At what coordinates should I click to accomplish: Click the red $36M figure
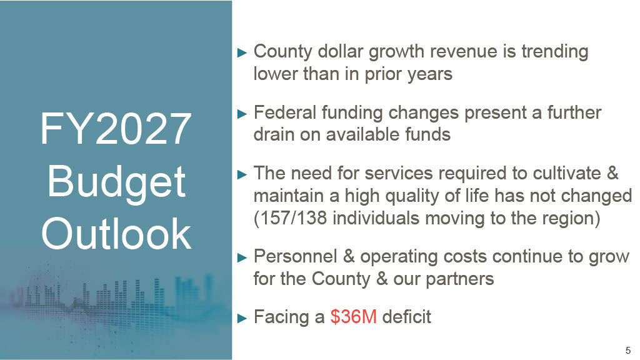click(x=354, y=317)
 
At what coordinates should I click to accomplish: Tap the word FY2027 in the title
click(x=116, y=129)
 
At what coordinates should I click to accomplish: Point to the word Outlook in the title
click(x=116, y=234)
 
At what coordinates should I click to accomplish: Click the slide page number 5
click(x=628, y=350)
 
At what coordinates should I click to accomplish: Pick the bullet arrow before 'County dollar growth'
click(x=242, y=52)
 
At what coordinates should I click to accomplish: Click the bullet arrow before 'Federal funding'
click(x=242, y=114)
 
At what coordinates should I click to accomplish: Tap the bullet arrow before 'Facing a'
click(x=242, y=318)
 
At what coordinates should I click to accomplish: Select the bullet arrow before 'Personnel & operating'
click(x=242, y=257)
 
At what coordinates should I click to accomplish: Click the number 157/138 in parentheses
click(x=293, y=218)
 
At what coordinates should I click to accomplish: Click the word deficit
click(x=406, y=317)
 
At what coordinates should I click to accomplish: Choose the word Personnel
click(x=296, y=256)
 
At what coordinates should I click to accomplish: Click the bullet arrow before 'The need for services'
click(x=242, y=175)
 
